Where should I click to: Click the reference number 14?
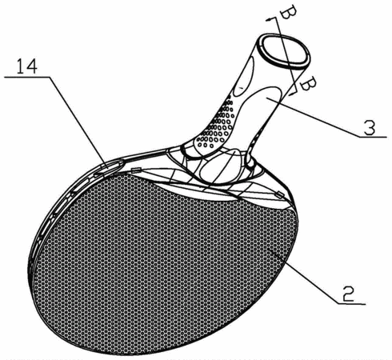coord(27,66)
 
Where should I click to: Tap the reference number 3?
coord(370,127)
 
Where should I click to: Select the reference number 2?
coord(348,294)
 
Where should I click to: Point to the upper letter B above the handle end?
coord(286,12)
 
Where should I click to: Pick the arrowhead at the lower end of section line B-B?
coord(292,93)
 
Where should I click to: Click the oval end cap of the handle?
coord(284,50)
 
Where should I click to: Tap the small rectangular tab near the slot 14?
coord(136,170)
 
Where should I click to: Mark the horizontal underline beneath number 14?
coord(27,77)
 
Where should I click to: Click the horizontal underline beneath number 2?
coord(351,303)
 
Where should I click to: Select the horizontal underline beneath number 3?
coord(372,137)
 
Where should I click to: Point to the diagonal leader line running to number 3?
coord(313,117)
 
